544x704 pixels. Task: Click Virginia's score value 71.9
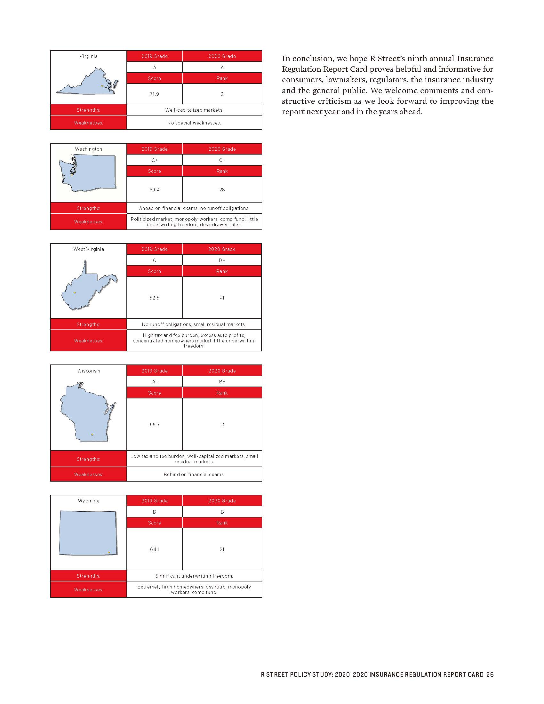coord(154,94)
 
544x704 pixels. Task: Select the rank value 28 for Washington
coord(222,189)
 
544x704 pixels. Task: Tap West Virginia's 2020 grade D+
coord(222,260)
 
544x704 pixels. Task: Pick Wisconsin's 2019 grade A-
coord(154,382)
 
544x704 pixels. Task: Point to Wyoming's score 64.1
coord(154,549)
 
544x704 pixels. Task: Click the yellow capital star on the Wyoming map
coord(108,553)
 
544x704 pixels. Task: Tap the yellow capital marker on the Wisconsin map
coord(92,435)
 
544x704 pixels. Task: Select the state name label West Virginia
coord(89,249)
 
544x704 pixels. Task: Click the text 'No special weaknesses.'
coord(194,123)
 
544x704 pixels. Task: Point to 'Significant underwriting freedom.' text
coord(194,576)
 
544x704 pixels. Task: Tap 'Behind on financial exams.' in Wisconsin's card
coord(194,475)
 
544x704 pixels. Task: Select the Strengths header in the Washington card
coord(88,208)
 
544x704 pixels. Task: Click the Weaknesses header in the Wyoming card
coord(88,589)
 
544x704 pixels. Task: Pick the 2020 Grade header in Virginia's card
coord(222,56)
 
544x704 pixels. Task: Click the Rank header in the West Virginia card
coord(222,271)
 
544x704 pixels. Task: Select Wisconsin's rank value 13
coord(222,425)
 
